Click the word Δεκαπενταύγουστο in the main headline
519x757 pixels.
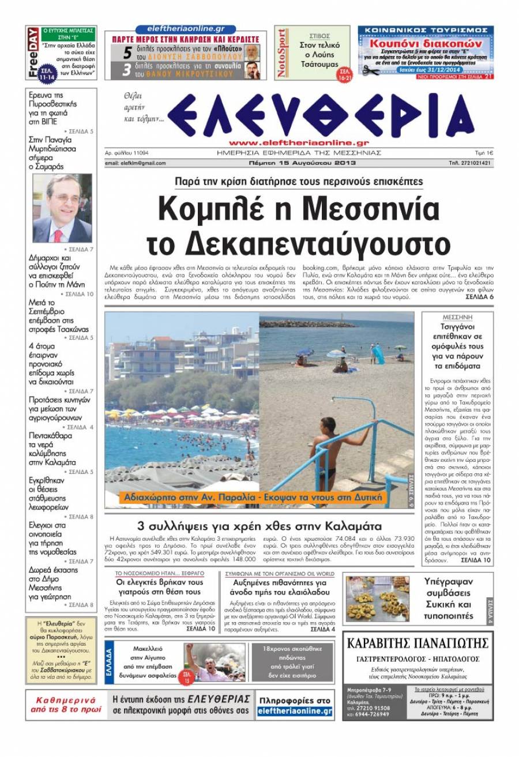[298, 245]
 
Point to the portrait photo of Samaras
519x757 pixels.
[62, 208]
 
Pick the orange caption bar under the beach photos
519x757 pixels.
[252, 498]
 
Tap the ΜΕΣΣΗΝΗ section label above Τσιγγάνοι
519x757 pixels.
[457, 317]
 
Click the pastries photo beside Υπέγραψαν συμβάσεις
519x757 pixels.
[377, 599]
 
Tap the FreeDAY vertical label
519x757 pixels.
[33, 52]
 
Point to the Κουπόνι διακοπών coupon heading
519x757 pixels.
[426, 43]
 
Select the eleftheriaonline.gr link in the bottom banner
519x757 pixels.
[295, 711]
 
